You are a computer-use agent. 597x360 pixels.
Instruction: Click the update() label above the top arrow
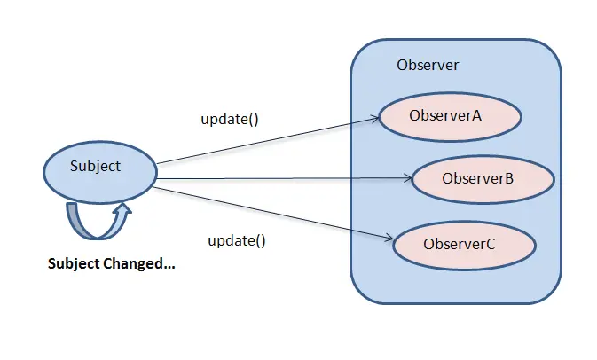pyautogui.click(x=229, y=119)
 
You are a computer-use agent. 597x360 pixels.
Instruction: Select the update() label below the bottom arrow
pyautogui.click(x=237, y=240)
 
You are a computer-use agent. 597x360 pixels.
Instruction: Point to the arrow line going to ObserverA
pyautogui.click(x=266, y=139)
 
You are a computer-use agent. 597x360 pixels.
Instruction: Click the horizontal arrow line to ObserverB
pyautogui.click(x=284, y=178)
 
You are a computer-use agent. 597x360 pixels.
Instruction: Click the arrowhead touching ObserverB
pyautogui.click(x=410, y=178)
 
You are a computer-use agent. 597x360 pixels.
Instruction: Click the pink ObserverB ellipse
pyautogui.click(x=483, y=178)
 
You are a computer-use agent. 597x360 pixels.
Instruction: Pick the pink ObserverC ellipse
pyautogui.click(x=464, y=244)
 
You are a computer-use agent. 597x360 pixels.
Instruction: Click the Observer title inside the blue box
pyautogui.click(x=428, y=65)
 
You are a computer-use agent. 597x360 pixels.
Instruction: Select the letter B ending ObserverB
pyautogui.click(x=509, y=178)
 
